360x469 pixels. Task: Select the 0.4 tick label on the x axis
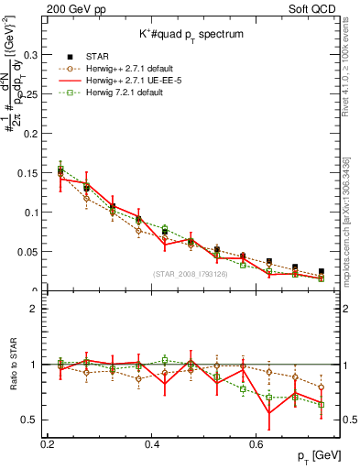(153, 444)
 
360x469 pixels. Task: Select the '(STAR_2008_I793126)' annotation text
(191, 273)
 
